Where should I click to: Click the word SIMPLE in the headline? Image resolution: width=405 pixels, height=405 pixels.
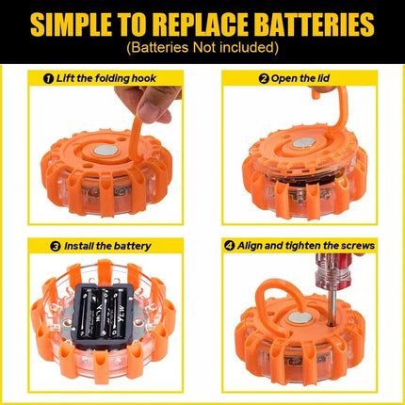[72, 24]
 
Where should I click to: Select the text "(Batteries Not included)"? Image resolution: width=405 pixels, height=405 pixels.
[202, 48]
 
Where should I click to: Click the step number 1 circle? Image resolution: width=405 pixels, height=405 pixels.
[48, 78]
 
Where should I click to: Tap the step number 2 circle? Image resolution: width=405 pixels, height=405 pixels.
[264, 78]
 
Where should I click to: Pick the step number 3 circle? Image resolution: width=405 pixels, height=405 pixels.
[56, 246]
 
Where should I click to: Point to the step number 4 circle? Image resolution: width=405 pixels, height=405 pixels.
[230, 246]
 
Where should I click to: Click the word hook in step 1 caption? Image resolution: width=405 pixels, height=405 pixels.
[144, 78]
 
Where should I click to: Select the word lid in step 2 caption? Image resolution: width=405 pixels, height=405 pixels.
[323, 78]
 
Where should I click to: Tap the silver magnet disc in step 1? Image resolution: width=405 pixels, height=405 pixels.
[106, 151]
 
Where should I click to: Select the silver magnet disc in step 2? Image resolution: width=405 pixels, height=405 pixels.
[303, 143]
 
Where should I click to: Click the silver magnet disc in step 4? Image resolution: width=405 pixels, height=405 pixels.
[300, 317]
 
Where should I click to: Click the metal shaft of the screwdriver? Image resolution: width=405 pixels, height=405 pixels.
[334, 304]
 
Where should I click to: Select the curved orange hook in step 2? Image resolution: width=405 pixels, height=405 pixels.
[338, 113]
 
